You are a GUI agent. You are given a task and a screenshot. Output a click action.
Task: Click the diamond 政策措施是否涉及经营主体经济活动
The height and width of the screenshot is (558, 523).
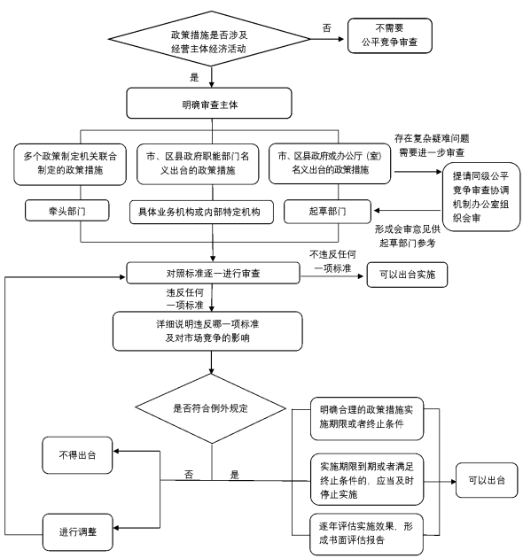(209, 39)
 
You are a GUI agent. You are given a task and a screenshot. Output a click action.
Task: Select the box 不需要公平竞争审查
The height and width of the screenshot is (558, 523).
(390, 35)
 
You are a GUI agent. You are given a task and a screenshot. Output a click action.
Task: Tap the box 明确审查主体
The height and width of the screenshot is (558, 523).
(209, 104)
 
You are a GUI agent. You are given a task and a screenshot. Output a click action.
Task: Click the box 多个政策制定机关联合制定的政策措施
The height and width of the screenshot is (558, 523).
(70, 164)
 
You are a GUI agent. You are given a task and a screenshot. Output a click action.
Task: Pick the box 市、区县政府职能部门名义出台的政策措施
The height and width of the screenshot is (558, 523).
(198, 164)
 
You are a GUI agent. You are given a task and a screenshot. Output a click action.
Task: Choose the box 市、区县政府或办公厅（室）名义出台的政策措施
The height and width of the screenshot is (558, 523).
(330, 163)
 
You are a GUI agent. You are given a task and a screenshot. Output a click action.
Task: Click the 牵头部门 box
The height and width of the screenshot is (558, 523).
(67, 211)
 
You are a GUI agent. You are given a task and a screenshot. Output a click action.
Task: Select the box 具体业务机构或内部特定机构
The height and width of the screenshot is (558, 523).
(201, 212)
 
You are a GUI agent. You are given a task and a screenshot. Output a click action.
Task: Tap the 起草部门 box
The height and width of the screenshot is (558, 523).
(327, 212)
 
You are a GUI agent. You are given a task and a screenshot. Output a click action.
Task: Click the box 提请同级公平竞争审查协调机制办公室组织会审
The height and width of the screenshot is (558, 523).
(481, 197)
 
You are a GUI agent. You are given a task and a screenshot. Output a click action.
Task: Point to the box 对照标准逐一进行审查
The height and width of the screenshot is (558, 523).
(213, 273)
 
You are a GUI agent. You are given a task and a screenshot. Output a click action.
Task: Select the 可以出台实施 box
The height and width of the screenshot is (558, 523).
(407, 275)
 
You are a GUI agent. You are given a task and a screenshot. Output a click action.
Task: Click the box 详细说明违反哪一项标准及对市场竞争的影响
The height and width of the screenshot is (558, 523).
(207, 331)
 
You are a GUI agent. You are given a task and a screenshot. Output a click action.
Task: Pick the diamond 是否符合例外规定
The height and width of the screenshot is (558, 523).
(211, 408)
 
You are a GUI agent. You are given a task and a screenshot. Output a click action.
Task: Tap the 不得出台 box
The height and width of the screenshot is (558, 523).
(77, 455)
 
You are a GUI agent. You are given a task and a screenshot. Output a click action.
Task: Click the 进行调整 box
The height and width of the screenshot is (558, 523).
(78, 532)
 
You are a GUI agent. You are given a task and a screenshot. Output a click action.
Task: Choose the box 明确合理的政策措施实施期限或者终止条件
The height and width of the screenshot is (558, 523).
(367, 418)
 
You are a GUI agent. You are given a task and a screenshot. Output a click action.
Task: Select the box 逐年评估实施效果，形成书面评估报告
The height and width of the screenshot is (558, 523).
(367, 534)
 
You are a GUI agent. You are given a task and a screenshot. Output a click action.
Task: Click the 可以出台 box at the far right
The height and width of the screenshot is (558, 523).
(487, 480)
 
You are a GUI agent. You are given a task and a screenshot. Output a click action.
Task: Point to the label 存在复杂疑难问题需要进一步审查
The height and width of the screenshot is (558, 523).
(432, 145)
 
